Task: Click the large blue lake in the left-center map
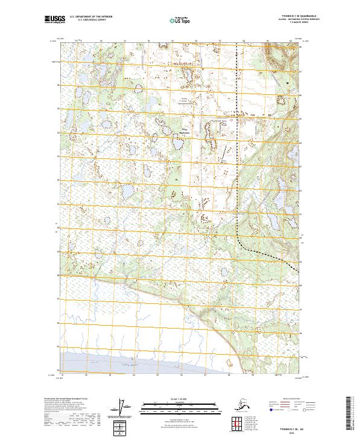128,193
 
